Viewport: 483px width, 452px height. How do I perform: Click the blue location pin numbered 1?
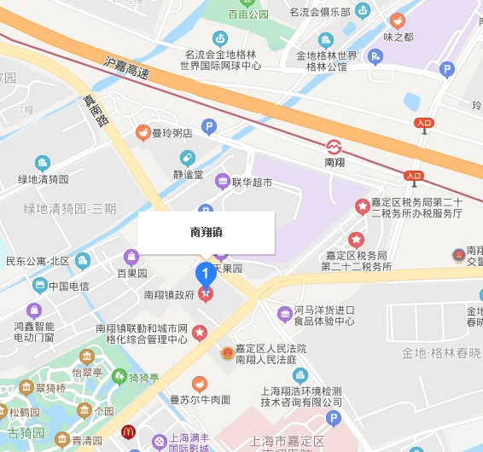coord(206,275)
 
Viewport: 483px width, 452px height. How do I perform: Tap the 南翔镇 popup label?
coord(207,232)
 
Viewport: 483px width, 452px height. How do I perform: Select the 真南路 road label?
coord(95,110)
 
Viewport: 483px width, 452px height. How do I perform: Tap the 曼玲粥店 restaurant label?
coord(172,132)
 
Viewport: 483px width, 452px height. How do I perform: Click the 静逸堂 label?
coord(185,175)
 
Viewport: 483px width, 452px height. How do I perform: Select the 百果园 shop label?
coord(132,274)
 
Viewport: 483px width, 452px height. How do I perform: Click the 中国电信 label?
coord(68,286)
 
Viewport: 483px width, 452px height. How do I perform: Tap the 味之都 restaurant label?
coord(398,37)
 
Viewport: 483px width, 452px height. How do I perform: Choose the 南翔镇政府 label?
coord(170,295)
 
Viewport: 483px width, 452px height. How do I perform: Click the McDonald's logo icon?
coord(129,432)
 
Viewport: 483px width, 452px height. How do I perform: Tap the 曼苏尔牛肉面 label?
coord(200,398)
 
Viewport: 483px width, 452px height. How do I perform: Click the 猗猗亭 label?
coord(143,377)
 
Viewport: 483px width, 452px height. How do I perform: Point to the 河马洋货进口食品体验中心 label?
coord(324,316)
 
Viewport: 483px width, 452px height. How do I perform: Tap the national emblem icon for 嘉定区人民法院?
coord(227,352)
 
